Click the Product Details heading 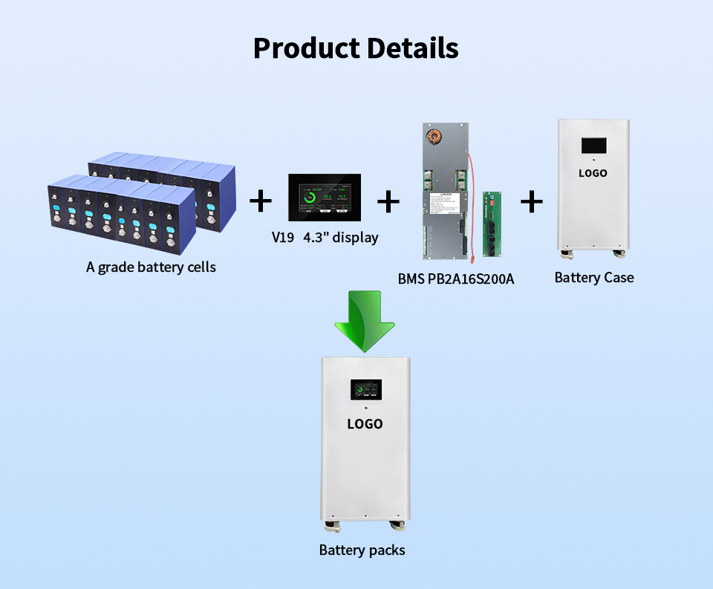(x=356, y=48)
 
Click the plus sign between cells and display (x=260, y=201)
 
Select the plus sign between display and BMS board (x=388, y=201)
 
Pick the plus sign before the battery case (x=531, y=201)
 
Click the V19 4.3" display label (x=325, y=238)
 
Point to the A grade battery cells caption (x=151, y=267)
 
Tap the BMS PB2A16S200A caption (x=456, y=279)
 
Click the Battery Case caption (x=594, y=278)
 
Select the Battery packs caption (x=362, y=550)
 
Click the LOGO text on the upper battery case (x=593, y=173)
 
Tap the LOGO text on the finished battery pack (x=365, y=424)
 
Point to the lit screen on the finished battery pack (x=365, y=391)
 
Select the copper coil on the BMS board (x=433, y=137)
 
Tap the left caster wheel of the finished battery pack (x=331, y=528)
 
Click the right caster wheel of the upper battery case (x=618, y=254)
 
